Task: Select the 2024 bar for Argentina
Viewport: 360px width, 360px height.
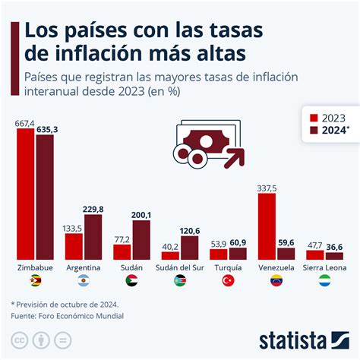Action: [93, 237]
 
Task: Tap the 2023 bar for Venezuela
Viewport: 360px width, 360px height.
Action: [267, 226]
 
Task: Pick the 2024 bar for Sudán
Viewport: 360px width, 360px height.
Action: [141, 240]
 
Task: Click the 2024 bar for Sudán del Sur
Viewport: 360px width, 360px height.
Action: [189, 248]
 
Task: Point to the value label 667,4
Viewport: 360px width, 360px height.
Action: [25, 123]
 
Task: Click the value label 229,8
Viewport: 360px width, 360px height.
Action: [93, 209]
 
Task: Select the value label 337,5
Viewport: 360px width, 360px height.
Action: [267, 188]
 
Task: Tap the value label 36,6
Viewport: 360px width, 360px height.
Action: [334, 247]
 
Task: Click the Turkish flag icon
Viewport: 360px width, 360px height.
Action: [228, 281]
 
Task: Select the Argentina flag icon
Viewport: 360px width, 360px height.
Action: [84, 281]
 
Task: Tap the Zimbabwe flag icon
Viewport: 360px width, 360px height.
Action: [35, 281]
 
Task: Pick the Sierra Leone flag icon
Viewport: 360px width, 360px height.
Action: [325, 281]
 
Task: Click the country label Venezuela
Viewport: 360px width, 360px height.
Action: [276, 268]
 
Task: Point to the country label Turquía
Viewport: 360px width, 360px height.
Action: [228, 268]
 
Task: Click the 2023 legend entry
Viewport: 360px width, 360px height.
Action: [327, 117]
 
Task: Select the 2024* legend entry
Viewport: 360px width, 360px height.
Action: [328, 130]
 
